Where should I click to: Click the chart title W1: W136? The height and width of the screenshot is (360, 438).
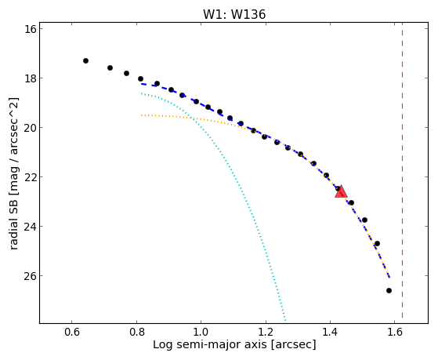(234, 14)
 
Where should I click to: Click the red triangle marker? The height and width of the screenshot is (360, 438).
(341, 191)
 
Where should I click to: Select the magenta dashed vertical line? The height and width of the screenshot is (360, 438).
(402, 170)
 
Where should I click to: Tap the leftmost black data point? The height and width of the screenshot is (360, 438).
(85, 60)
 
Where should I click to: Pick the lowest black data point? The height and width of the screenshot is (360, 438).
(389, 291)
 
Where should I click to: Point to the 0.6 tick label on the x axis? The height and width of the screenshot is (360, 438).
(72, 332)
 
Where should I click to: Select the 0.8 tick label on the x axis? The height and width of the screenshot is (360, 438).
(136, 332)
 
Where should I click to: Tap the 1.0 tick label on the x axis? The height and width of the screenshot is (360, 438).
(201, 332)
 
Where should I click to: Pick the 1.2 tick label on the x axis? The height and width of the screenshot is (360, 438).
(266, 332)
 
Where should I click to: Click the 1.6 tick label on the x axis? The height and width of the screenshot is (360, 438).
(395, 332)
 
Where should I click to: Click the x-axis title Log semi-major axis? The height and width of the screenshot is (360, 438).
(210, 344)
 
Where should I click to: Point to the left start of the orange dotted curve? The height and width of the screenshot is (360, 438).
(142, 115)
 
